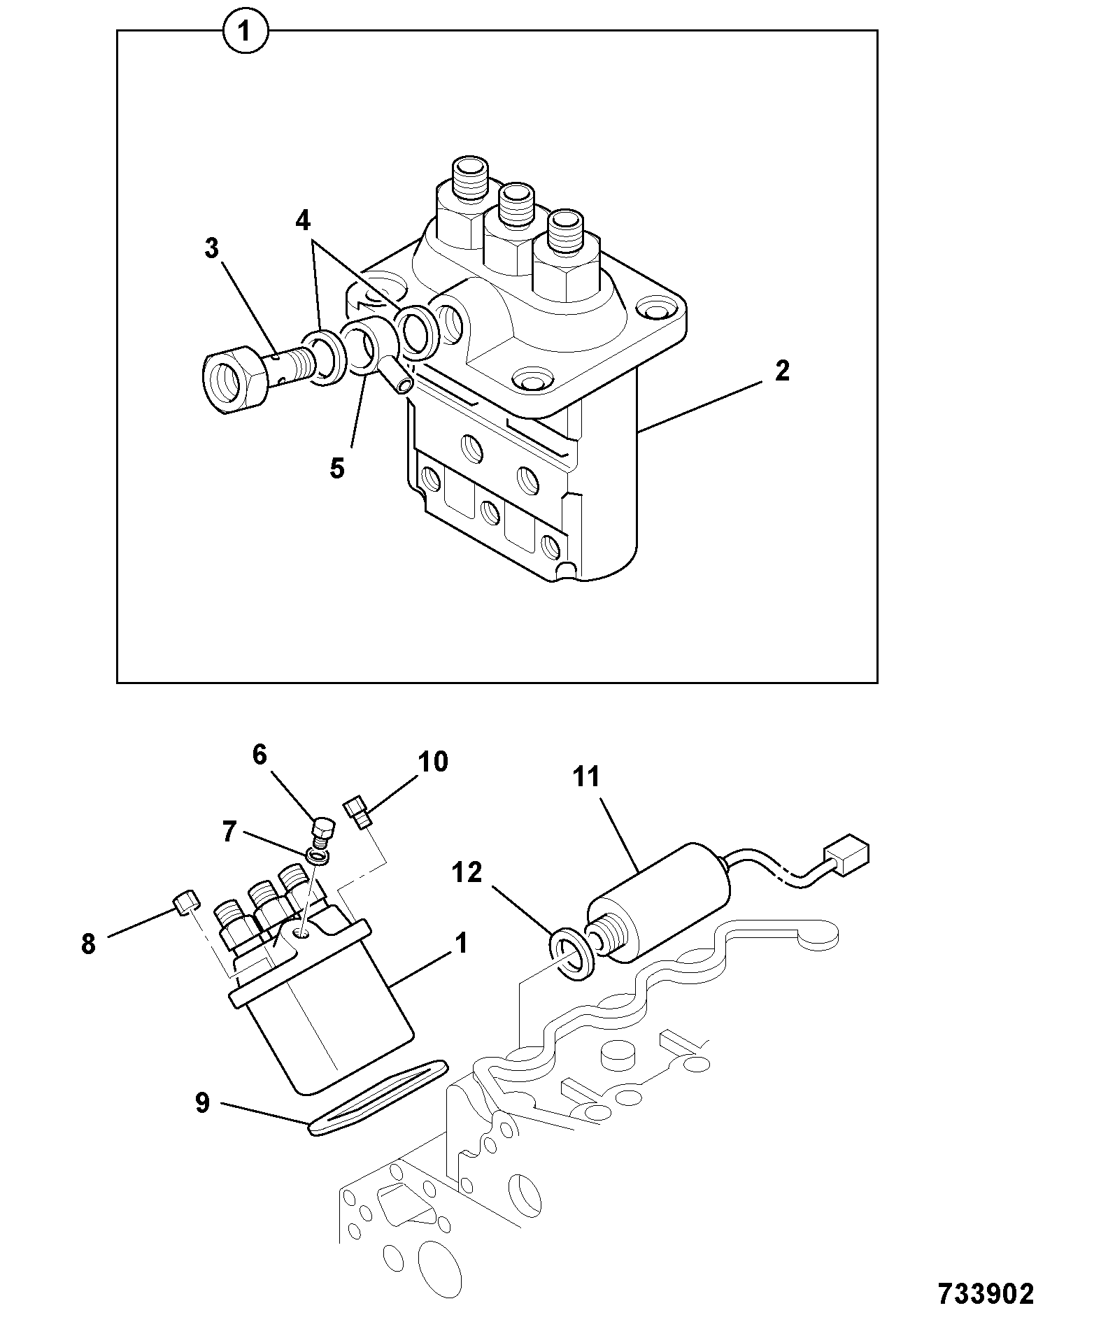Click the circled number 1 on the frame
[245, 33]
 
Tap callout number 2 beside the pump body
[782, 371]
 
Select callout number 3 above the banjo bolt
[212, 248]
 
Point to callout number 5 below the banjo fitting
[338, 469]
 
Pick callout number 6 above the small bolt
[260, 755]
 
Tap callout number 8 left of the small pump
[88, 944]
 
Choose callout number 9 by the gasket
[202, 1104]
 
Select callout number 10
[433, 762]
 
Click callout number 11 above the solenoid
[586, 776]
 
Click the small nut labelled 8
[185, 903]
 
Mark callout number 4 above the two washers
[302, 221]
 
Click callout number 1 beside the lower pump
[461, 943]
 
